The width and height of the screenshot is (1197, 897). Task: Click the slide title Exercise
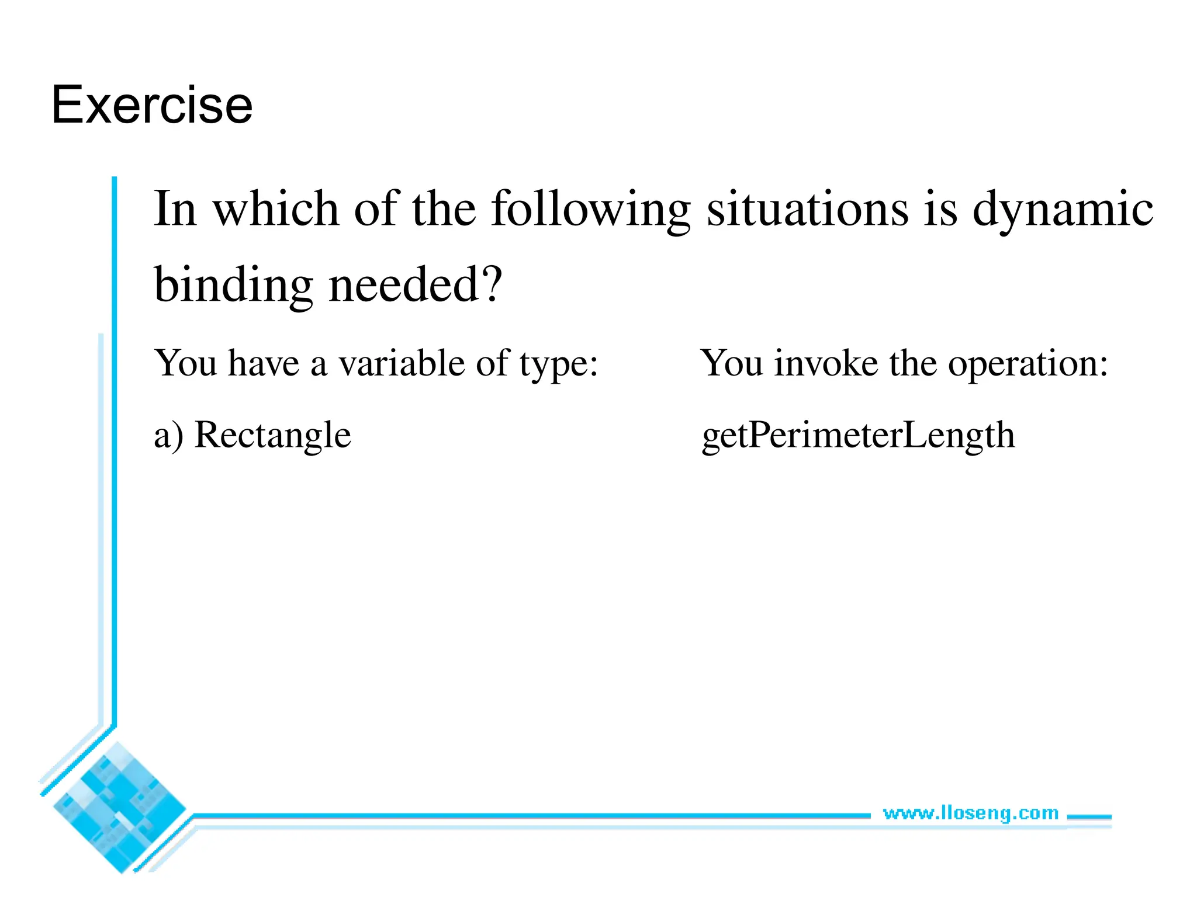(x=152, y=105)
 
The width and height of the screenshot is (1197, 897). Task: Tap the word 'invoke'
(x=826, y=363)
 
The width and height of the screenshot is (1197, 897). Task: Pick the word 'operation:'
(x=1028, y=364)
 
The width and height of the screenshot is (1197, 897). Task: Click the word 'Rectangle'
(x=272, y=436)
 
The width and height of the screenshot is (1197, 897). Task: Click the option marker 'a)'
(x=168, y=436)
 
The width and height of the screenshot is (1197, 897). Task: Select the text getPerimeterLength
(x=858, y=436)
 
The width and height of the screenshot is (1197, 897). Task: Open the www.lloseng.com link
(x=970, y=813)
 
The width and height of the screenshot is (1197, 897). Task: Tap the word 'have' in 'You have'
(x=263, y=363)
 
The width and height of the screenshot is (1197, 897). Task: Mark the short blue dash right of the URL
(x=1089, y=817)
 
